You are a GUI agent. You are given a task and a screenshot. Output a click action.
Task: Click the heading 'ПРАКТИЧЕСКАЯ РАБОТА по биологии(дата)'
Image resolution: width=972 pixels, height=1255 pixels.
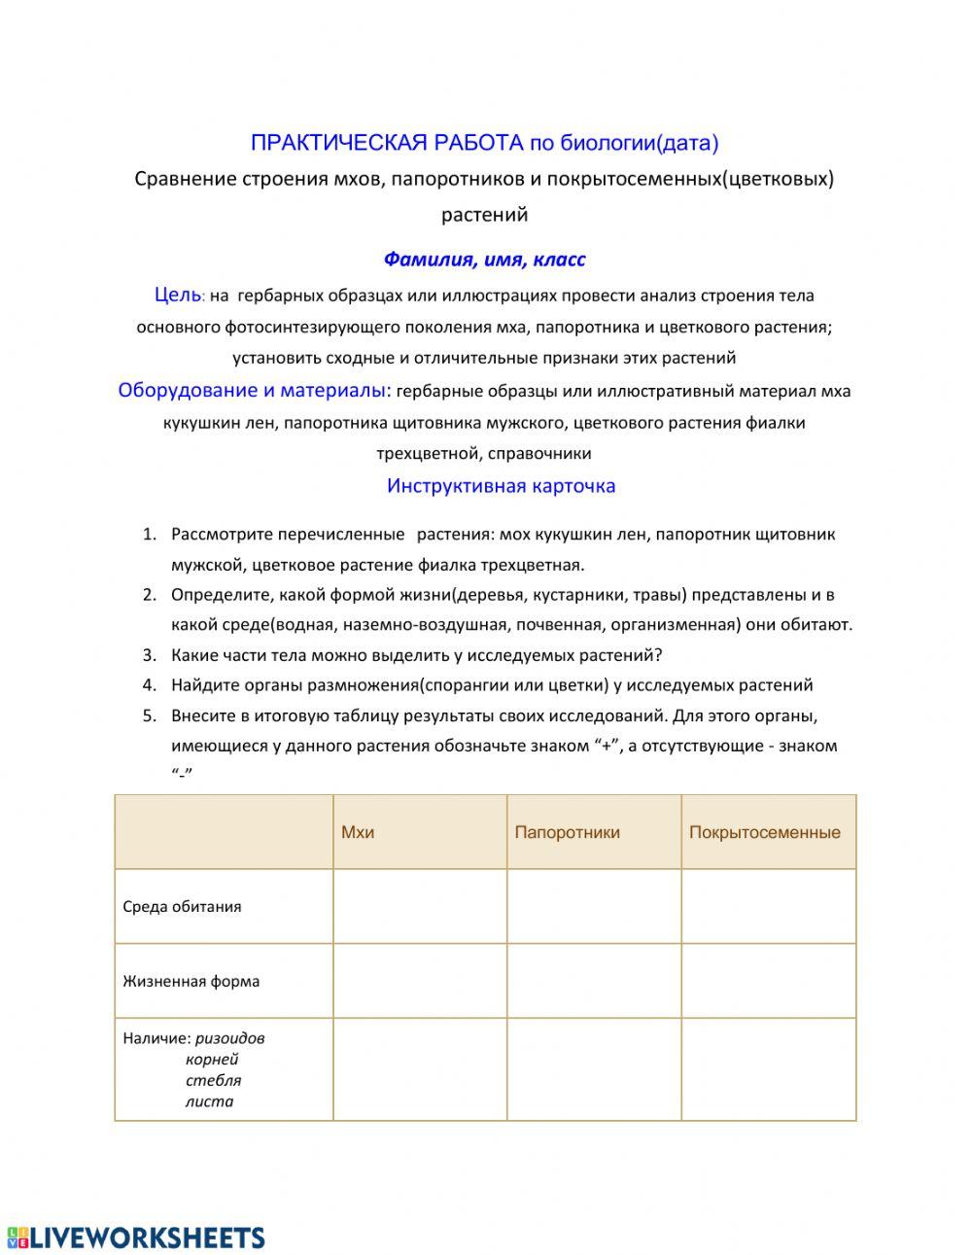(484, 143)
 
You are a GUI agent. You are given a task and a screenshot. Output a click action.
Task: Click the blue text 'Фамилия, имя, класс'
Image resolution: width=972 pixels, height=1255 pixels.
(484, 260)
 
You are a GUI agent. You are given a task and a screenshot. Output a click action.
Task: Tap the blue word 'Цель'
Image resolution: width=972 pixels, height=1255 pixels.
(177, 295)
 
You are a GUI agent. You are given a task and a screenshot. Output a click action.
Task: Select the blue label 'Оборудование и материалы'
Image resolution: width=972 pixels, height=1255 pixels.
(253, 391)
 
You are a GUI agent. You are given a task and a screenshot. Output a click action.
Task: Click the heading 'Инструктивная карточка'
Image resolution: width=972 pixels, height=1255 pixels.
(501, 486)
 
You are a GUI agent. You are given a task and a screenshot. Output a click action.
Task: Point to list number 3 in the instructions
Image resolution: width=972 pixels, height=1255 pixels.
(149, 655)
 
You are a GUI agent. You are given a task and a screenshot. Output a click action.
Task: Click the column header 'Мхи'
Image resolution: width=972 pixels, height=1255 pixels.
(358, 832)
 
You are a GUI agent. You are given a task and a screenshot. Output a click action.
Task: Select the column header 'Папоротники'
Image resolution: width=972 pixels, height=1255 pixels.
(567, 832)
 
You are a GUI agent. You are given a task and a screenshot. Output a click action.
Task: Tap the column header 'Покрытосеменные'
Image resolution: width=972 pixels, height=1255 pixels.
(764, 832)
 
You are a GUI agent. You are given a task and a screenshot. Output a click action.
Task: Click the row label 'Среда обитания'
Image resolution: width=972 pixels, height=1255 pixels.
(182, 907)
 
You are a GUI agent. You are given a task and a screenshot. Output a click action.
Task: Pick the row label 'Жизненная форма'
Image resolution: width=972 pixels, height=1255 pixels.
(191, 981)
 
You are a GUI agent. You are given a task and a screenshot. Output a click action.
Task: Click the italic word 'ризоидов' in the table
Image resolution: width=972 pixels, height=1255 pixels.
(229, 1038)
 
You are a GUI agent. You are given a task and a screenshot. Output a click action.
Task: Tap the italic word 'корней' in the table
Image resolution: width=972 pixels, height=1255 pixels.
(212, 1060)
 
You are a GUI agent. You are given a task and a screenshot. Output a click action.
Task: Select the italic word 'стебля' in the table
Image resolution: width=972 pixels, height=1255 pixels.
(213, 1080)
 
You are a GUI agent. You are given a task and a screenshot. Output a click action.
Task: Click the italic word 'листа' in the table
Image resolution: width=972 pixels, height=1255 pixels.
(209, 1101)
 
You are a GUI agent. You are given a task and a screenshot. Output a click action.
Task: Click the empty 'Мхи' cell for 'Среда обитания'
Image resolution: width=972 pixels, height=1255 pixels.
(420, 906)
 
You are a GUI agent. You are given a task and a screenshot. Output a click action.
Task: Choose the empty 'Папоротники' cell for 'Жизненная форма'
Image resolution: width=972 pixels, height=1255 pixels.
(594, 981)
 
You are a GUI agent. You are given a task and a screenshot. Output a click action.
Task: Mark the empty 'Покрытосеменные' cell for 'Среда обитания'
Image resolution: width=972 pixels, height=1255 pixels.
(768, 906)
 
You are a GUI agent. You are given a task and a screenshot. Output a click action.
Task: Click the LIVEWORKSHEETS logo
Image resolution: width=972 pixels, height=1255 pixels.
(136, 1238)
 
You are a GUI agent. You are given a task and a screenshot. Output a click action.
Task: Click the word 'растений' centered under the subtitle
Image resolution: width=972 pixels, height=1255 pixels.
(484, 214)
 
